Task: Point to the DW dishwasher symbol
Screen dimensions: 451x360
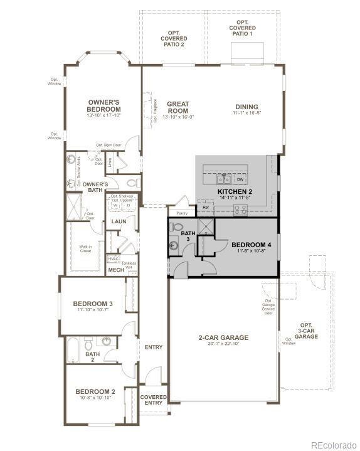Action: pos(240,179)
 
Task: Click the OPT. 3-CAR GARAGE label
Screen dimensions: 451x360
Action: pos(307,331)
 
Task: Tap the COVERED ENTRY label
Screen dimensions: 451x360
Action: pos(153,400)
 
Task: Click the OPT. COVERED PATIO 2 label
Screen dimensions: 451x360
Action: pos(173,37)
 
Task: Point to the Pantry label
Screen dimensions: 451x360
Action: pos(182,213)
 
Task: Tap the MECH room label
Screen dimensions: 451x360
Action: pos(116,270)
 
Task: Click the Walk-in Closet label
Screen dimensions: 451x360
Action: pos(85,249)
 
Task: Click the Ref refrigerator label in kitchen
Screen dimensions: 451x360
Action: pos(205,206)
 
